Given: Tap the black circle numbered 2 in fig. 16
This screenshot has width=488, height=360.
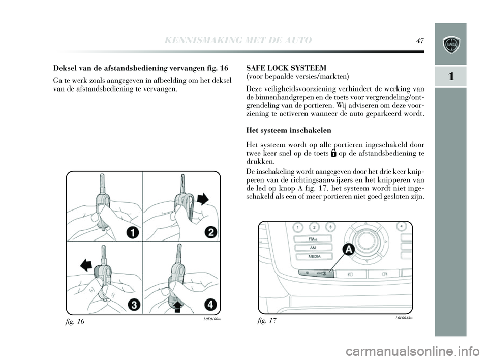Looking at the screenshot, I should point(210,233).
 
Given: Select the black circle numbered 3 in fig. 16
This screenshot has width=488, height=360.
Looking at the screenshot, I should point(134,305).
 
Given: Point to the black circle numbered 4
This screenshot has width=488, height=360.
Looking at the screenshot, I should point(210,305).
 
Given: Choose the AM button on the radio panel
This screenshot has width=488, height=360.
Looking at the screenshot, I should point(313,247).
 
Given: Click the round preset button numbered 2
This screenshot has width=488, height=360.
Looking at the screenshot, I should point(314,227).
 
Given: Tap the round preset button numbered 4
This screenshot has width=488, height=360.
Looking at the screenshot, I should point(401,226).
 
